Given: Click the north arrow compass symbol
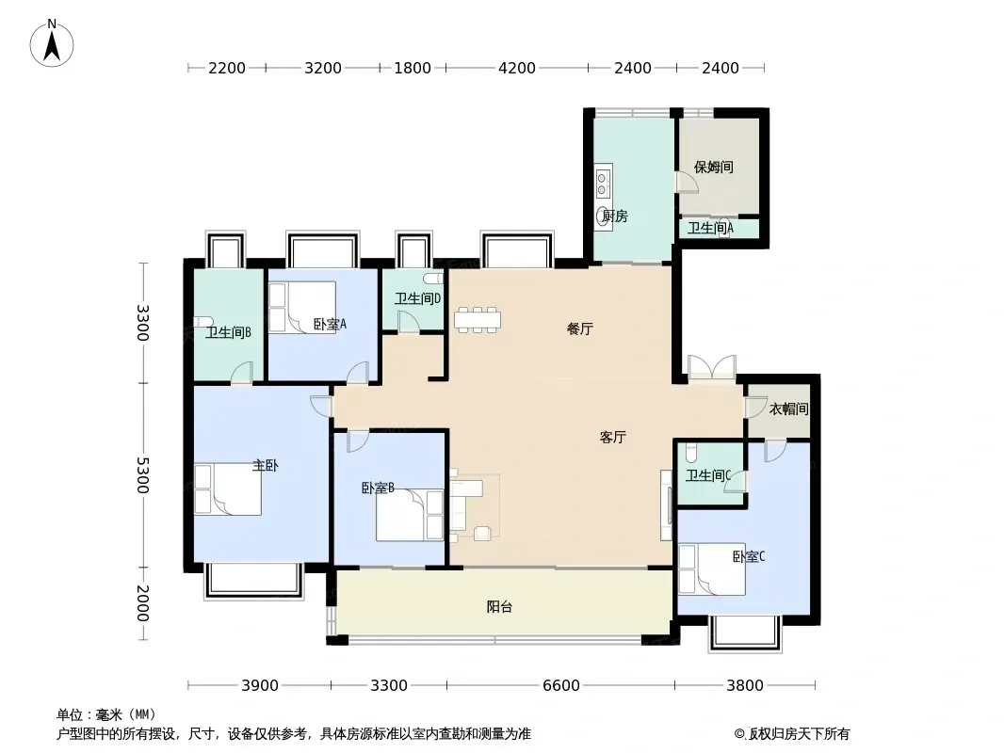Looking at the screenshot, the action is tap(52, 43).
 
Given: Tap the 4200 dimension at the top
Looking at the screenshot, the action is tap(517, 68).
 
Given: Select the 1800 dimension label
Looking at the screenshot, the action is tap(413, 68).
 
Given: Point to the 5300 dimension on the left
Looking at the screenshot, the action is tap(142, 475).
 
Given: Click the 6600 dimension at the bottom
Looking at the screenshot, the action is tap(561, 686).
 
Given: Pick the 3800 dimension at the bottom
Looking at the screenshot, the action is tap(745, 686).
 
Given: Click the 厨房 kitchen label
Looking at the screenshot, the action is tap(615, 216).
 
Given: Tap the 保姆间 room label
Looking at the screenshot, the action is tap(713, 167).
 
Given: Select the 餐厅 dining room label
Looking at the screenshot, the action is tap(580, 328).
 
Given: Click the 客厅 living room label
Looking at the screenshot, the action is tap(613, 437).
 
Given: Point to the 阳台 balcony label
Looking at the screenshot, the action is tap(499, 606).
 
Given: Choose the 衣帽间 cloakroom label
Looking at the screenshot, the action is tap(788, 409).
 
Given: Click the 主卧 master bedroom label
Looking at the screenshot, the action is tap(265, 466).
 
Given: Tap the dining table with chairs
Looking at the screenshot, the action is tap(478, 319).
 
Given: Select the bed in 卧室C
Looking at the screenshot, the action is tap(712, 569).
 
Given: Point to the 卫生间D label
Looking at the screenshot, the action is tap(417, 298).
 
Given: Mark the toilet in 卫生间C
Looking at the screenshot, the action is tap(691, 452).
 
